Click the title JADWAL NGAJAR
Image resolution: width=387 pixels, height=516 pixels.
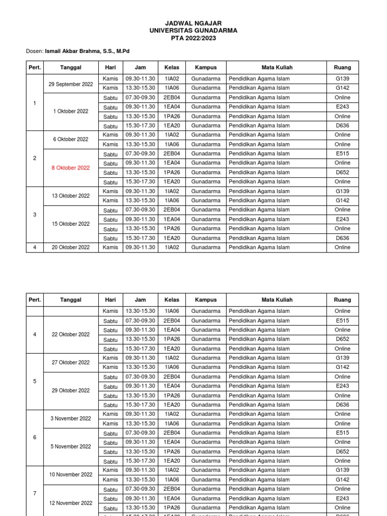coord(193,23)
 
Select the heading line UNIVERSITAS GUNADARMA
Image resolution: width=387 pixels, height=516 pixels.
coord(193,30)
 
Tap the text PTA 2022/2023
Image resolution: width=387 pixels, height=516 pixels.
coord(193,38)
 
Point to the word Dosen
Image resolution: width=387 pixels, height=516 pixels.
coord(34,51)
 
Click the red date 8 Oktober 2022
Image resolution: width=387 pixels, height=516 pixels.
coord(71,168)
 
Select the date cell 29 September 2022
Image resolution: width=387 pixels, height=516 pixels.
coord(71,84)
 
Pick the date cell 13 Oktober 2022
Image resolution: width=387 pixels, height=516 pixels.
coord(71,196)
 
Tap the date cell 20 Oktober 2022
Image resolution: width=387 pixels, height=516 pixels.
coord(71,247)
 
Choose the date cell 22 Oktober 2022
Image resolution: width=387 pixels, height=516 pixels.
coord(71,335)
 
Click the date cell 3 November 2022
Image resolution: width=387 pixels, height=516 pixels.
coord(71,419)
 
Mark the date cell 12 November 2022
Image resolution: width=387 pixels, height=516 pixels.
coord(71,503)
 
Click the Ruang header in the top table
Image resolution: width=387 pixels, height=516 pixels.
coord(342,67)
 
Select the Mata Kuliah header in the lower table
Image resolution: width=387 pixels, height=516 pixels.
coord(277,300)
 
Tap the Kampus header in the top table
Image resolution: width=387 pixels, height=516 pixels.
coord(206,67)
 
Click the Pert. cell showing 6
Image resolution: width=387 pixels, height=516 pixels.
coord(35,437)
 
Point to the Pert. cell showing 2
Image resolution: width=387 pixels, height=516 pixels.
coord(35,158)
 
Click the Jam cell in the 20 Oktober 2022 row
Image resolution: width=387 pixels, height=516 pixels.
coord(140,247)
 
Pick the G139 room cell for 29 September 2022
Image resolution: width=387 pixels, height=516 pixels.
coord(342,79)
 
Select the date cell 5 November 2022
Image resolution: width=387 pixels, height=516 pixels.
coord(71,446)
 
